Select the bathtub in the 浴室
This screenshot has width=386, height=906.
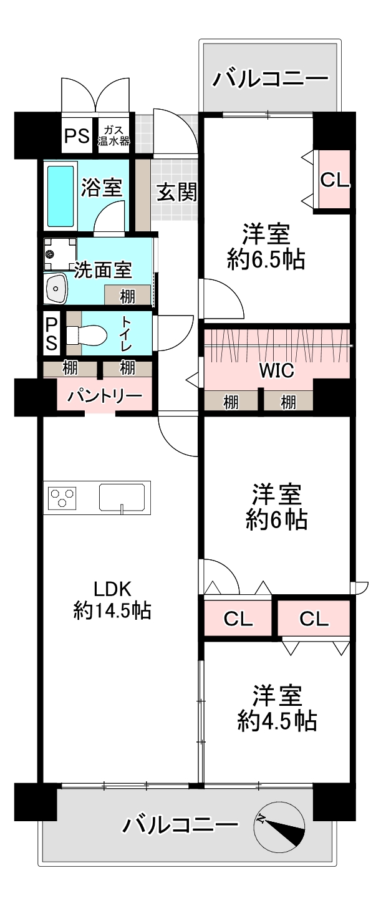[61, 195]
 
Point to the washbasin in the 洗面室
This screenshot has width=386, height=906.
[58, 289]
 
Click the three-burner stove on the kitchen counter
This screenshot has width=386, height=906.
[62, 498]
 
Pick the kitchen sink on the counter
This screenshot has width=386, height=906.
[123, 497]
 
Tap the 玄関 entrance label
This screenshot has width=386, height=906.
[176, 193]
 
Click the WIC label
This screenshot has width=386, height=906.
[276, 370]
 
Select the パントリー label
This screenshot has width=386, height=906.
[105, 396]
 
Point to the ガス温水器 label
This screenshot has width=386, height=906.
[113, 135]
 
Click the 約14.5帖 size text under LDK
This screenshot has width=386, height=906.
[112, 610]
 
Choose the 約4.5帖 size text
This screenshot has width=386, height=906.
[277, 721]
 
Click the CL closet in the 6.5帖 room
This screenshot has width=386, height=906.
[334, 180]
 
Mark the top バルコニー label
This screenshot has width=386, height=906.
[271, 79]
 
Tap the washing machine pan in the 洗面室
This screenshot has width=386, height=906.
[56, 253]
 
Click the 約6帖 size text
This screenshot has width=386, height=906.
[276, 519]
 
